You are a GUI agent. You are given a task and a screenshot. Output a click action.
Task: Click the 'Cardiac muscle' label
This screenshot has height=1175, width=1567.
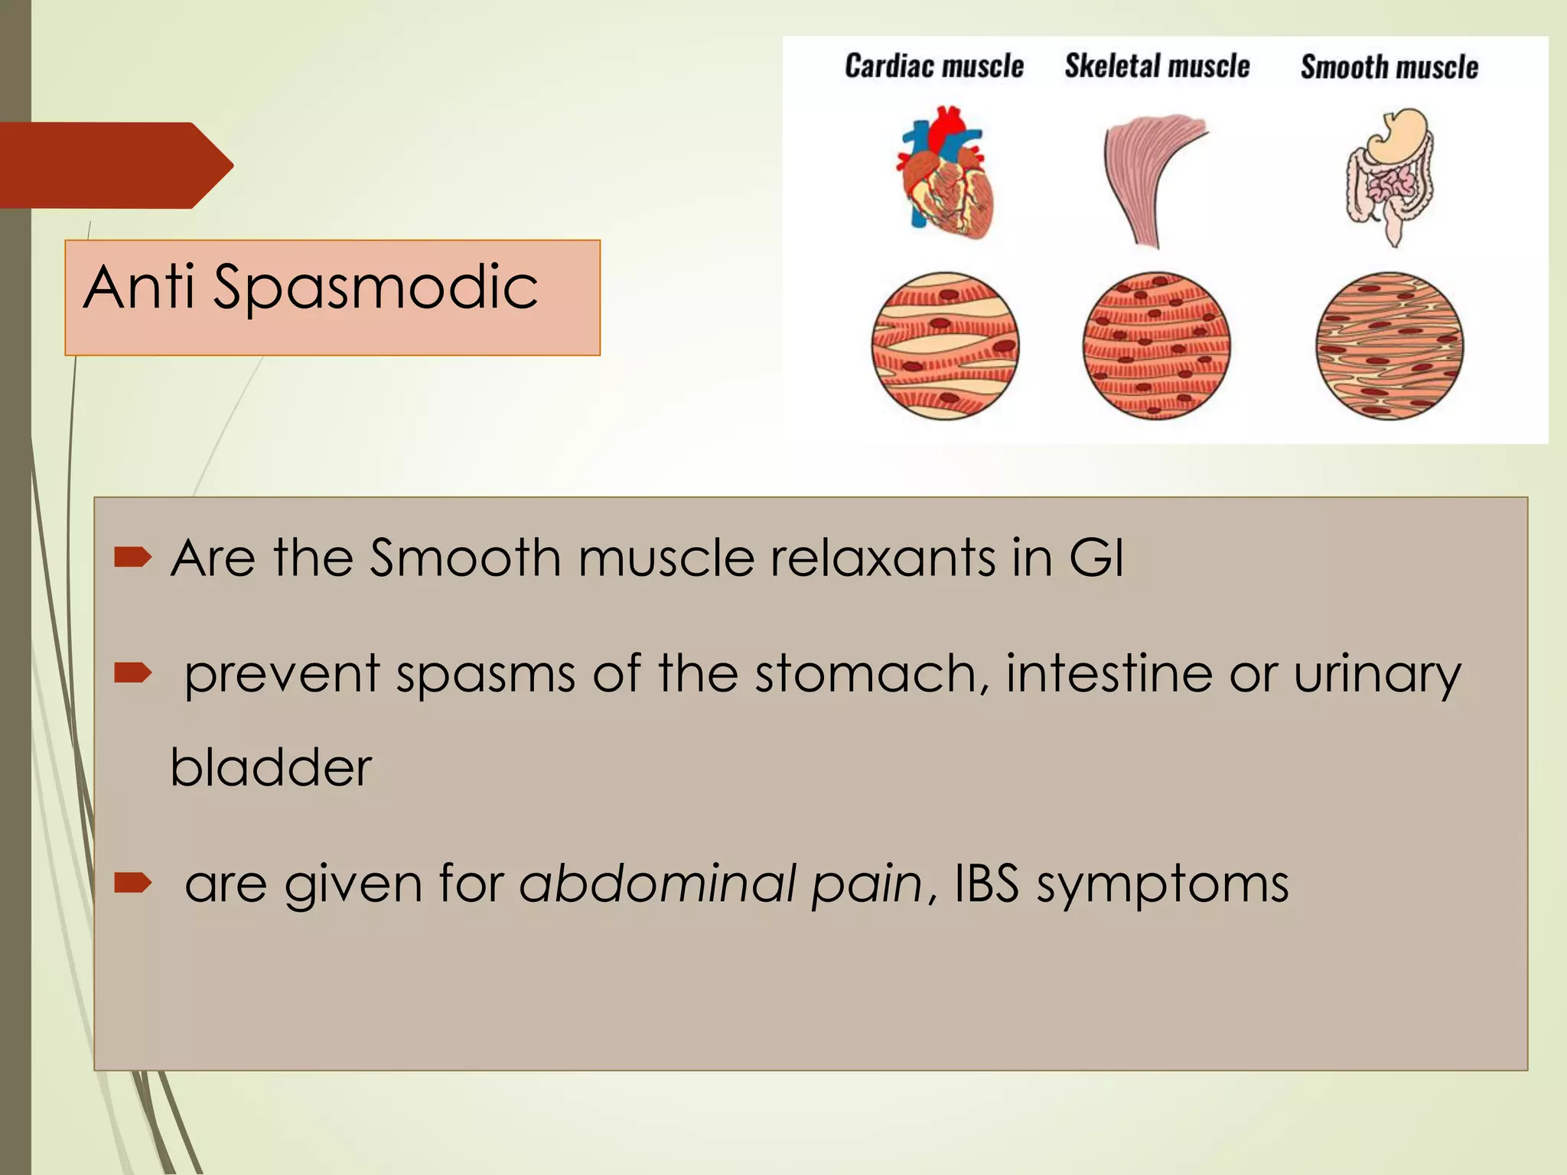(x=933, y=67)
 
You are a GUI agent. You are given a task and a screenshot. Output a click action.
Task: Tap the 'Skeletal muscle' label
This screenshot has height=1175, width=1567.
(x=1157, y=67)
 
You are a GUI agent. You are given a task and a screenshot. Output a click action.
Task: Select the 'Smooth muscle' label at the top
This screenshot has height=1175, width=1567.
(x=1389, y=67)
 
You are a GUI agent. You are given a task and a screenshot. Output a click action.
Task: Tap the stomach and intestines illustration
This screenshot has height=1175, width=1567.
(x=1389, y=176)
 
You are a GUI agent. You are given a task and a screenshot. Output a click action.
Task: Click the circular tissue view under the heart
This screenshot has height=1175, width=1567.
(x=946, y=346)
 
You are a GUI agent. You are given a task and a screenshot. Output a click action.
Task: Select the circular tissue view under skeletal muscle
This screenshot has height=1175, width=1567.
(x=1156, y=346)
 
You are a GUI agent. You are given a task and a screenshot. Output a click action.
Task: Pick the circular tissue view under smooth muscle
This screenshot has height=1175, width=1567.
(x=1389, y=346)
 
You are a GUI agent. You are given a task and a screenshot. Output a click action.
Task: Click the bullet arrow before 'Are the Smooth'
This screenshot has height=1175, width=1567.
(x=133, y=558)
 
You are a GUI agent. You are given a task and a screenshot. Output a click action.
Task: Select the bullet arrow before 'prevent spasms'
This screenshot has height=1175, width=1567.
(x=133, y=673)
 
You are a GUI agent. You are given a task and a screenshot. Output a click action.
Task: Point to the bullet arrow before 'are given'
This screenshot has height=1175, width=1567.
(x=133, y=884)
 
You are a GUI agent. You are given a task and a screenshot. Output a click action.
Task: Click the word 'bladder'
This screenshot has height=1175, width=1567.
(x=270, y=767)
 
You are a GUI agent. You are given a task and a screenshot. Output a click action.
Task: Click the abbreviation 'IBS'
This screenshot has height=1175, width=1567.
(x=986, y=884)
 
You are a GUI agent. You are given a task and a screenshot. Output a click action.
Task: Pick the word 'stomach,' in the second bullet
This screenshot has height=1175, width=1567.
(x=871, y=674)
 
